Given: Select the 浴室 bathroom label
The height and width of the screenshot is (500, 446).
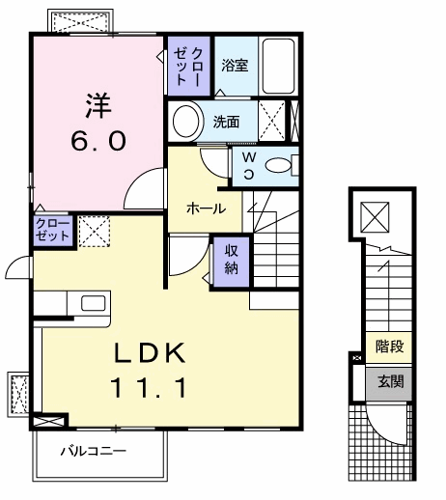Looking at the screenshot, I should point(235,66).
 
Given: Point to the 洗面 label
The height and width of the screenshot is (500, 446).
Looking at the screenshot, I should point(226,123).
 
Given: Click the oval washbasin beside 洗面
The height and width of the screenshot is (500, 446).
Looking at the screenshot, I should point(183,122).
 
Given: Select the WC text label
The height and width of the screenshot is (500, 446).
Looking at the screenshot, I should point(248,166).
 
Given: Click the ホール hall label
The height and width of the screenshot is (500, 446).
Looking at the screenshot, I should point(206,208).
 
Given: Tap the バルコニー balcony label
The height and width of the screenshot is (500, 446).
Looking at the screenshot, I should point(93,450).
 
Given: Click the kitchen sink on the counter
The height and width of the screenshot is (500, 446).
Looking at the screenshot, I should point(94,303).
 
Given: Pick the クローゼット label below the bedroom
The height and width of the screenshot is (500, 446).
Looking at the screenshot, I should point(52,229).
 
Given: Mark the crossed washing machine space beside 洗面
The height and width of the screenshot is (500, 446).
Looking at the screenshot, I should point(274,121).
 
